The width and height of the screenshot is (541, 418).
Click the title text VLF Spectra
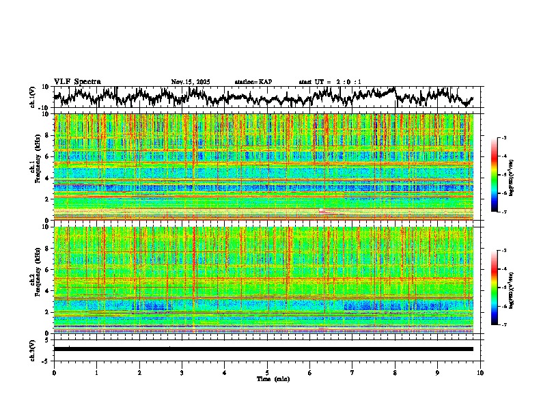coord(77,81)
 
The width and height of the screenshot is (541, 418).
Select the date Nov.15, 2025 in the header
coord(191,82)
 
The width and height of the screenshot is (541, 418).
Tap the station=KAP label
coord(253,82)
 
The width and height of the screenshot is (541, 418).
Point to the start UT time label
coord(330,82)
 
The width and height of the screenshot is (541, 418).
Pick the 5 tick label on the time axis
coord(267,373)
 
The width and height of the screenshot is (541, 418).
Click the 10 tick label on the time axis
coord(481,373)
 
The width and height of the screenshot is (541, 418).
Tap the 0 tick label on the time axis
coord(54,373)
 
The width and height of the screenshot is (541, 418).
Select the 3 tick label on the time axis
coord(182,373)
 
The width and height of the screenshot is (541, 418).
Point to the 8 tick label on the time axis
coord(396,373)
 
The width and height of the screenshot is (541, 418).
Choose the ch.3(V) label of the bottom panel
coord(33,349)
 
